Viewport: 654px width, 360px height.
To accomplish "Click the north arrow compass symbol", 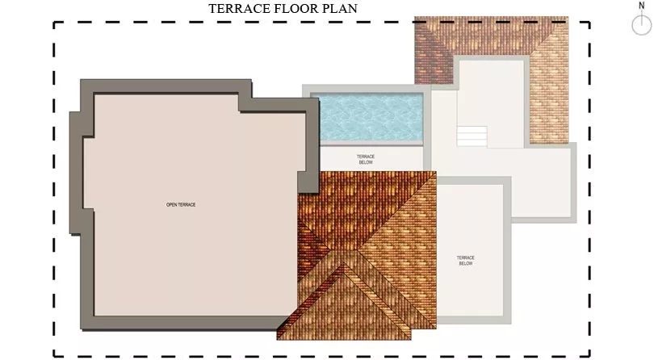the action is [642, 25].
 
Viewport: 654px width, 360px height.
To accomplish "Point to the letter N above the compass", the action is [642, 6].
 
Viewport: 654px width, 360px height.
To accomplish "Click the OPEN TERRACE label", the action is [181, 205].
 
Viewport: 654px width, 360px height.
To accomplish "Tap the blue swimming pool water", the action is [371, 117].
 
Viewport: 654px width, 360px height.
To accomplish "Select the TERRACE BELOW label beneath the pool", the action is [366, 159].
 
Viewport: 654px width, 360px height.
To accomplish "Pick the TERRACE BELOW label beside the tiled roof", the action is [466, 261].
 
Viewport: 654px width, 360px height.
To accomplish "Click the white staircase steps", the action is [472, 136].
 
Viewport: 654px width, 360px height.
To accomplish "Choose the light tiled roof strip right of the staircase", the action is [549, 96].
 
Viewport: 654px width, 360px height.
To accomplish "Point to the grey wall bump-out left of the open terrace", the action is [76, 172].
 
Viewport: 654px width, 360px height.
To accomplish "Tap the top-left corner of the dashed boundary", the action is [54, 23].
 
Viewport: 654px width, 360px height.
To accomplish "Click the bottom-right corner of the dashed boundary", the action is [589, 356].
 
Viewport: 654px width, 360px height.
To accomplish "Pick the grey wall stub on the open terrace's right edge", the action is [308, 182].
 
